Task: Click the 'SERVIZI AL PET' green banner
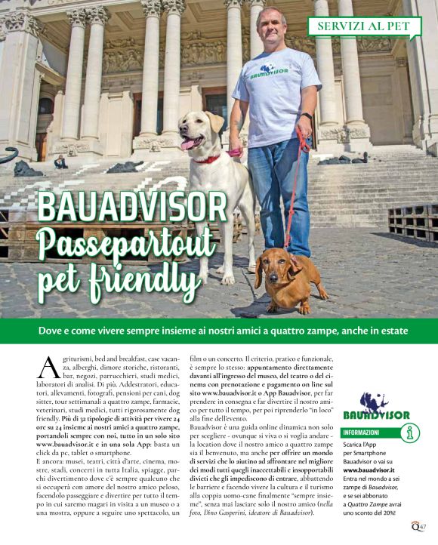(x=363, y=26)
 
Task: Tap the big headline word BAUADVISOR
(x=132, y=206)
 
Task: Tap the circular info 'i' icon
(x=411, y=433)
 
